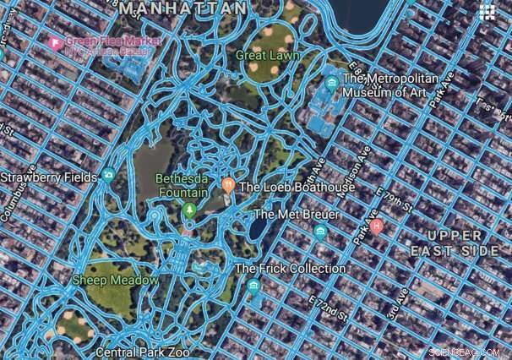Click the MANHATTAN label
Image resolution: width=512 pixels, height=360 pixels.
pyautogui.click(x=184, y=8)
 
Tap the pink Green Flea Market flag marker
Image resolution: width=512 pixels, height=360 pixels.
pyautogui.click(x=56, y=41)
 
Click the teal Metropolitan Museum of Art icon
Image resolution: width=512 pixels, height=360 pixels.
pyautogui.click(x=332, y=84)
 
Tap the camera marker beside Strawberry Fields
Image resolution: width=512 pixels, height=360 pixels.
pyautogui.click(x=108, y=177)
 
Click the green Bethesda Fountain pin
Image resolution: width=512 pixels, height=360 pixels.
pyautogui.click(x=189, y=208)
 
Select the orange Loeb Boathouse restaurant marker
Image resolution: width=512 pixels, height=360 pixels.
pyautogui.click(x=227, y=185)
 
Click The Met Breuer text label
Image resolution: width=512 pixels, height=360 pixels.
pyautogui.click(x=297, y=215)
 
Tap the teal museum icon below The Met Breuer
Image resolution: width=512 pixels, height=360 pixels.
pyautogui.click(x=319, y=231)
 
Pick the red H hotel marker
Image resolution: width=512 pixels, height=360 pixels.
pyautogui.click(x=377, y=226)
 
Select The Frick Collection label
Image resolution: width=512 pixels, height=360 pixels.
pyautogui.click(x=291, y=269)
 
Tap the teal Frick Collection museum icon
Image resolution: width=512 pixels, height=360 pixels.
pyautogui.click(x=253, y=286)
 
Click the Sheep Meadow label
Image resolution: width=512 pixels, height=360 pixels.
pyautogui.click(x=115, y=280)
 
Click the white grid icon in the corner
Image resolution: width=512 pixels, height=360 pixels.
pyautogui.click(x=487, y=12)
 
